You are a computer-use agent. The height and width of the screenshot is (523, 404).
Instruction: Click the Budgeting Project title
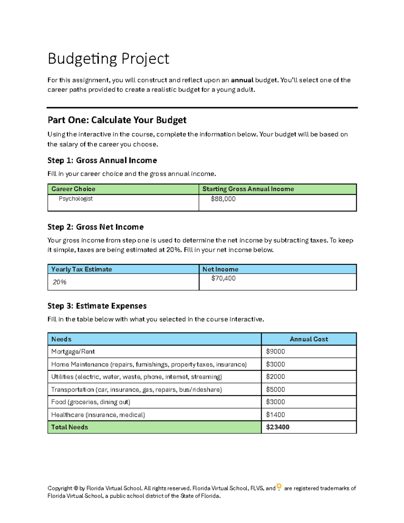tap(108, 59)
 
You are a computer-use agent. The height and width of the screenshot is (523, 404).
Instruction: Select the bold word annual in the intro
tap(242, 80)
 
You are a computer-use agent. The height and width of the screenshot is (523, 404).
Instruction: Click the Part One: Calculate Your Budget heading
tap(117, 120)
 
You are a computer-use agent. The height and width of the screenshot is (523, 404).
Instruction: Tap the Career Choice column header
tap(73, 189)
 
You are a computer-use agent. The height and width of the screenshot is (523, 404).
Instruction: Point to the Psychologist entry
tap(76, 199)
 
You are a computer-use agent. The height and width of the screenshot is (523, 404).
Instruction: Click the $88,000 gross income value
tap(223, 199)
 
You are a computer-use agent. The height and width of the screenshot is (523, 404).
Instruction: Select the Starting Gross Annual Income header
tap(248, 189)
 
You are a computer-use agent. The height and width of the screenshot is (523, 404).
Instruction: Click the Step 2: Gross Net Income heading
tap(95, 227)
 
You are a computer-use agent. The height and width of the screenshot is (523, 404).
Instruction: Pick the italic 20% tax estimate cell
tap(59, 282)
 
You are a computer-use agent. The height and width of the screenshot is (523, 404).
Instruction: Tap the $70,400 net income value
tap(223, 279)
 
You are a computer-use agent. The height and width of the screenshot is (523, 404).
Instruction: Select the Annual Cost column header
tap(308, 339)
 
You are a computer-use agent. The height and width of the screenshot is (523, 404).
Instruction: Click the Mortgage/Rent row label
tap(73, 352)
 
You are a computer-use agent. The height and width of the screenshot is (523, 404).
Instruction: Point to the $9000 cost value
tap(275, 352)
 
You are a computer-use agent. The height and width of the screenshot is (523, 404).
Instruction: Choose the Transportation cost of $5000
tap(275, 390)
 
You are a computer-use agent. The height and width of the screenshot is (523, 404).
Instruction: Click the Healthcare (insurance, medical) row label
tap(98, 415)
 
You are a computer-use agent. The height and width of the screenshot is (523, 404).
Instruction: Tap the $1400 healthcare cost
tap(275, 415)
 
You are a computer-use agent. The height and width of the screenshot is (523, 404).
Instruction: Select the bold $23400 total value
tap(277, 427)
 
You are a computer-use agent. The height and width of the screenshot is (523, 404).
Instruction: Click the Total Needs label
tap(69, 427)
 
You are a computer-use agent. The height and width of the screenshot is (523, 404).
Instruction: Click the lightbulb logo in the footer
tap(279, 487)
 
